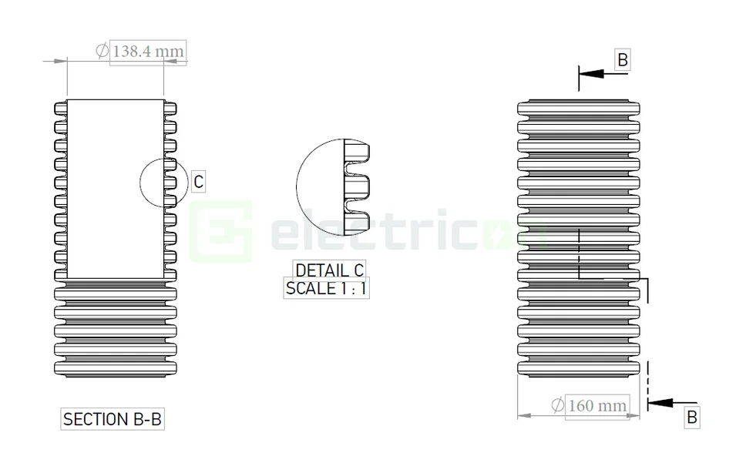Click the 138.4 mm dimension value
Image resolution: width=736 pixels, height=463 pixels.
tap(148, 52)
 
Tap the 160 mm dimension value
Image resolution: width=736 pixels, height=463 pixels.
tap(597, 405)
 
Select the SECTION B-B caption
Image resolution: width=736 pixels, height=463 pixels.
tap(113, 419)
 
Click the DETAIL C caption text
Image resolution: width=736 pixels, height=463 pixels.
tap(329, 270)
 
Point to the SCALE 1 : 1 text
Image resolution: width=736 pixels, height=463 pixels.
tap(327, 289)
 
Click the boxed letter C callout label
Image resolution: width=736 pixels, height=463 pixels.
tap(198, 182)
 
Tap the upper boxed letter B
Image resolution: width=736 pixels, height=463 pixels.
tap(623, 60)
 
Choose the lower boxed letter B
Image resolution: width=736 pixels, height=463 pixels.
tap(691, 417)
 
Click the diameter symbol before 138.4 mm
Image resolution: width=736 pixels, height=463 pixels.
tap(102, 52)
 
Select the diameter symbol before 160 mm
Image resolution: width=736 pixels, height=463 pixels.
tap(556, 405)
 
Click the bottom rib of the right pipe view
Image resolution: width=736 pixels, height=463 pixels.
tap(578, 369)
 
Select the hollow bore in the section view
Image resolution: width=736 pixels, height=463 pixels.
tap(116, 189)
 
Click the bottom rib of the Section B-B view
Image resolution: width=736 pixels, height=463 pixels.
tap(116, 369)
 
